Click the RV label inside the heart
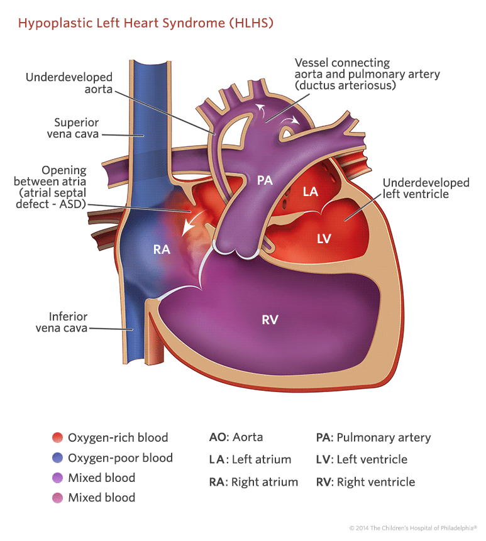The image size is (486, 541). [270, 319]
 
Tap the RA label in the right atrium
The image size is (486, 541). [162, 249]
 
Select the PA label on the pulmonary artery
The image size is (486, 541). [265, 181]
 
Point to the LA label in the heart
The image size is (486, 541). [311, 192]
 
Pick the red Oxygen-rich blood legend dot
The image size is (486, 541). [57, 438]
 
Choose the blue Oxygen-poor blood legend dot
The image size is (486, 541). [57, 458]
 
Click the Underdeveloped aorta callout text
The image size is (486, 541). [69, 83]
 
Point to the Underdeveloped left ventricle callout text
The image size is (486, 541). [426, 189]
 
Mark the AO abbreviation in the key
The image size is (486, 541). [217, 437]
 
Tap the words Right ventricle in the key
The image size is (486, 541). [376, 482]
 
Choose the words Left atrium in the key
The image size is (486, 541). [261, 459]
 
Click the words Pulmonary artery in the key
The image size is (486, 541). [384, 437]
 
